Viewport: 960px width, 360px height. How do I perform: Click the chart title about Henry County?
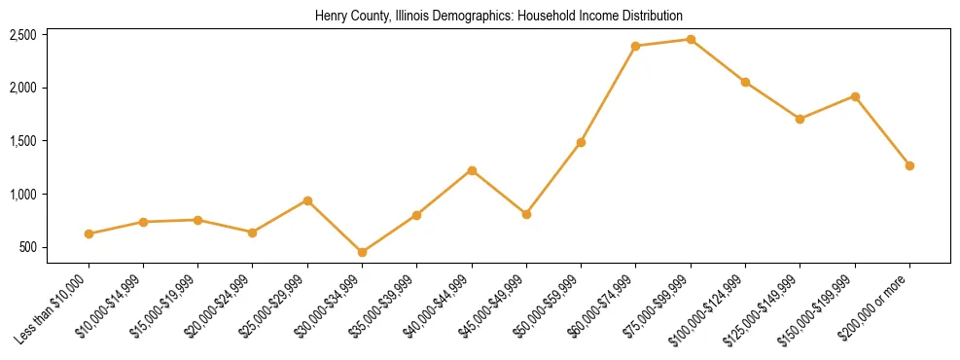pyautogui.click(x=498, y=17)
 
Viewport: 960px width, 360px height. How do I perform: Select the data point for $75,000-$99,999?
pyautogui.click(x=691, y=40)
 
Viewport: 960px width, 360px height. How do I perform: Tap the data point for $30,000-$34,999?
pyautogui.click(x=362, y=252)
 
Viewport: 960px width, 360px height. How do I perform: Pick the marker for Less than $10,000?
pyautogui.click(x=89, y=234)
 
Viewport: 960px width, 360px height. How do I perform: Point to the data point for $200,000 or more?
pyautogui.click(x=909, y=165)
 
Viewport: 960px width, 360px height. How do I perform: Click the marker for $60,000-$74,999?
pyautogui.click(x=635, y=46)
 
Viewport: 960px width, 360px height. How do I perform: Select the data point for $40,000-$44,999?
pyautogui.click(x=472, y=170)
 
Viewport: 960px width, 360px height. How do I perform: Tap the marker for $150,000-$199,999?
pyautogui.click(x=855, y=96)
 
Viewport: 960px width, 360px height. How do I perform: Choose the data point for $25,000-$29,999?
pyautogui.click(x=307, y=200)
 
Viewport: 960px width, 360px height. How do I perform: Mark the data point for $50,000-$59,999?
pyautogui.click(x=581, y=142)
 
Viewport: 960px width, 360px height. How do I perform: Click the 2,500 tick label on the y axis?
pyautogui.click(x=23, y=35)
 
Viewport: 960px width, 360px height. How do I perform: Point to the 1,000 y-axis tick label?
pyautogui.click(x=23, y=195)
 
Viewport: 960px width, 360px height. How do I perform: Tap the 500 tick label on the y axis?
pyautogui.click(x=28, y=247)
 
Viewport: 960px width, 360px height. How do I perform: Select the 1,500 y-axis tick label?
pyautogui.click(x=23, y=141)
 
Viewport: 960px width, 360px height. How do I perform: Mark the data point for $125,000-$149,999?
pyautogui.click(x=800, y=119)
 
